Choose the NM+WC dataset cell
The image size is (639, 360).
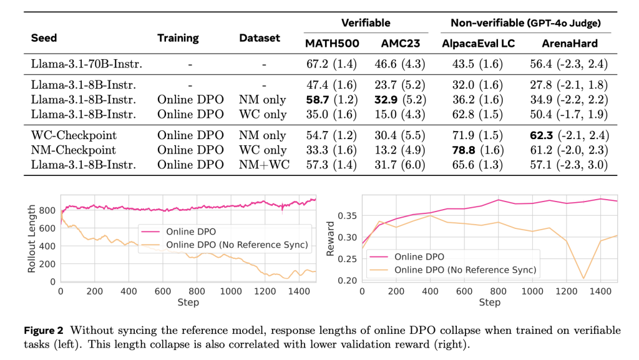(263, 164)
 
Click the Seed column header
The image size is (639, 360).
(44, 38)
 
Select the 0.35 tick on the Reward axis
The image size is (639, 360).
(346, 215)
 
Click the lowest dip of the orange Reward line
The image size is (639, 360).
(584, 278)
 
